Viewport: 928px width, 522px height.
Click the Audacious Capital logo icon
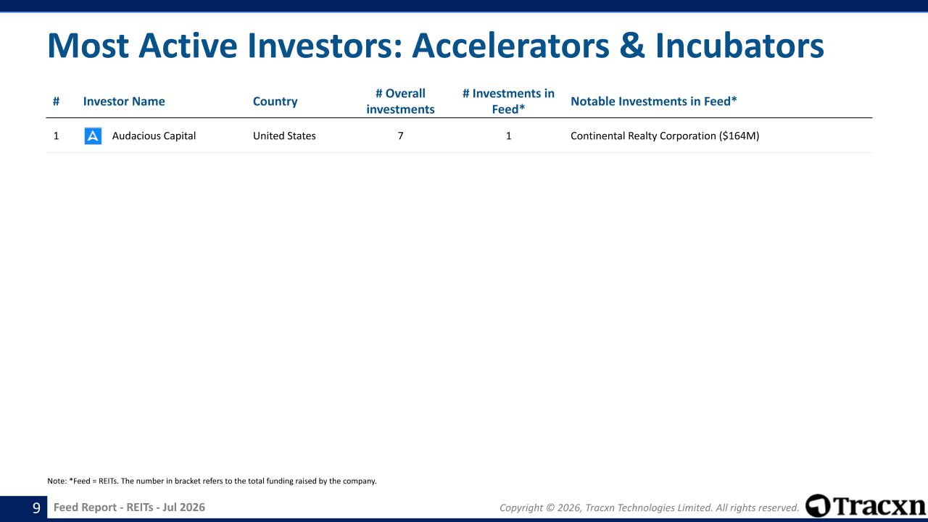pos(93,136)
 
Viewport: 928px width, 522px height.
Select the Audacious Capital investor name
pos(154,136)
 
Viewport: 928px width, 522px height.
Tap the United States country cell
pos(284,136)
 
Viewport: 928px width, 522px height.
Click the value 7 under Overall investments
pos(400,136)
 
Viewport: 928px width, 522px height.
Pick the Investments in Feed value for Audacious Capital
pos(508,136)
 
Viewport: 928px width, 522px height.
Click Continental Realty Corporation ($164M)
pos(665,136)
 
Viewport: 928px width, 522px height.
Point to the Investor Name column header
pos(124,101)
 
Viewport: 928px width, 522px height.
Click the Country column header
pos(275,101)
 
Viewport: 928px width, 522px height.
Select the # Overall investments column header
pos(400,101)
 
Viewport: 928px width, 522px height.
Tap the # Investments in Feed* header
pos(508,101)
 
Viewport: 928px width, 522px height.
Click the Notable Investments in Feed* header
pos(654,101)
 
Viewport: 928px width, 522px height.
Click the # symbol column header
pos(56,101)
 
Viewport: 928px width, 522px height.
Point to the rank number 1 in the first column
pos(56,136)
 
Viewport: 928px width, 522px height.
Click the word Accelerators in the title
pos(510,46)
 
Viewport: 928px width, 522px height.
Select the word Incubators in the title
pos(739,46)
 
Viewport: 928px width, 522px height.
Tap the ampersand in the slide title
pos(632,46)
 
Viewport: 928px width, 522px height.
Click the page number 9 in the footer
pos(36,507)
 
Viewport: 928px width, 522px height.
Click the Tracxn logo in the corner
pos(865,506)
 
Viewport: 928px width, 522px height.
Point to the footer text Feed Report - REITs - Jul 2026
pos(129,507)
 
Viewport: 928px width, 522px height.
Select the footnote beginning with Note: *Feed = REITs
pos(212,481)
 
